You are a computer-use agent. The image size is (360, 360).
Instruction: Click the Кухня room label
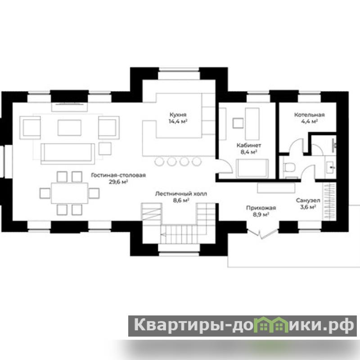[178, 115]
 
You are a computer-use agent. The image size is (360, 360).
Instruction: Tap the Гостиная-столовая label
[118, 175]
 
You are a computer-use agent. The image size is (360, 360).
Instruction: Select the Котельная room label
[309, 115]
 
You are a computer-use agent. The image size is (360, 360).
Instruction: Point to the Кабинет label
[249, 145]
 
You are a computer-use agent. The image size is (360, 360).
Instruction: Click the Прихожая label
[261, 208]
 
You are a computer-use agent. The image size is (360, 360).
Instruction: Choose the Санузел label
[308, 200]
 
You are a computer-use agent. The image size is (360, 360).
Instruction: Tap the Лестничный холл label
[181, 194]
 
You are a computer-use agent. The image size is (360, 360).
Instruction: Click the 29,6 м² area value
[118, 182]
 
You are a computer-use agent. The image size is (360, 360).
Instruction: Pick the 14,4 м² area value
[178, 121]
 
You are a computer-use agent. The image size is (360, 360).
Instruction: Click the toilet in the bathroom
[289, 167]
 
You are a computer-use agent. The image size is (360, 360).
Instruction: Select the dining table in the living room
[70, 193]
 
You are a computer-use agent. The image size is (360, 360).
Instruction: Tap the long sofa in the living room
[68, 154]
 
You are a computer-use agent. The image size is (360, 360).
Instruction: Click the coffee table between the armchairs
[69, 128]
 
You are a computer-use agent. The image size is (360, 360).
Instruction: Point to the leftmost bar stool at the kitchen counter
[159, 162]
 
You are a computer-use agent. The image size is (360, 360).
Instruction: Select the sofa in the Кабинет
[252, 168]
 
